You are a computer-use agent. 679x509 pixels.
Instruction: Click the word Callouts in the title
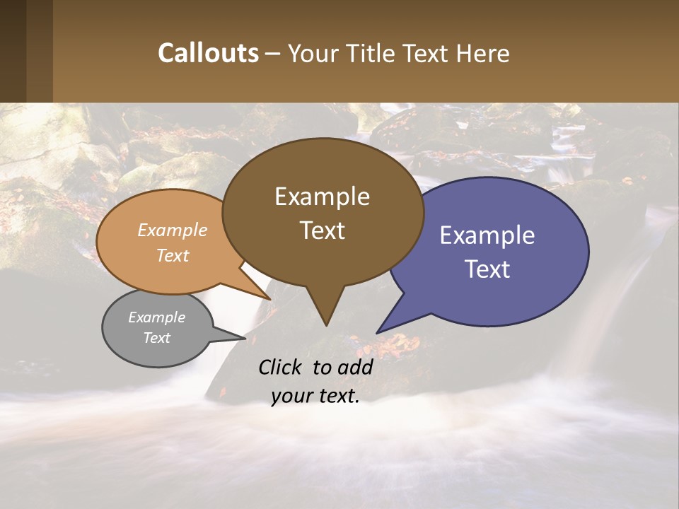208,53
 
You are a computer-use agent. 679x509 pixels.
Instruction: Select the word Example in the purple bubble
487,235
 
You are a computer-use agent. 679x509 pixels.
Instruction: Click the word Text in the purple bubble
487,269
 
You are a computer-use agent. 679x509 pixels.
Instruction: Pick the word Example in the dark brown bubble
322,197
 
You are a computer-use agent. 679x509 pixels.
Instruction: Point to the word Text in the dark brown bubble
323,230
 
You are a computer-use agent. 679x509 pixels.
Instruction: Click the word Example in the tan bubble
173,230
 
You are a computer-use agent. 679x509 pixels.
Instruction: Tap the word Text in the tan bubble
173,255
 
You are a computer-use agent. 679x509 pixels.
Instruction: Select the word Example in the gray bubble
156,317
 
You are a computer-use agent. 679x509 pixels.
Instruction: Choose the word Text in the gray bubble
156,338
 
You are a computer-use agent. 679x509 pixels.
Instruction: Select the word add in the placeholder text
354,367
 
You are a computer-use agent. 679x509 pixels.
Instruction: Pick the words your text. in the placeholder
315,396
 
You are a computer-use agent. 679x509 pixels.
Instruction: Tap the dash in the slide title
273,53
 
